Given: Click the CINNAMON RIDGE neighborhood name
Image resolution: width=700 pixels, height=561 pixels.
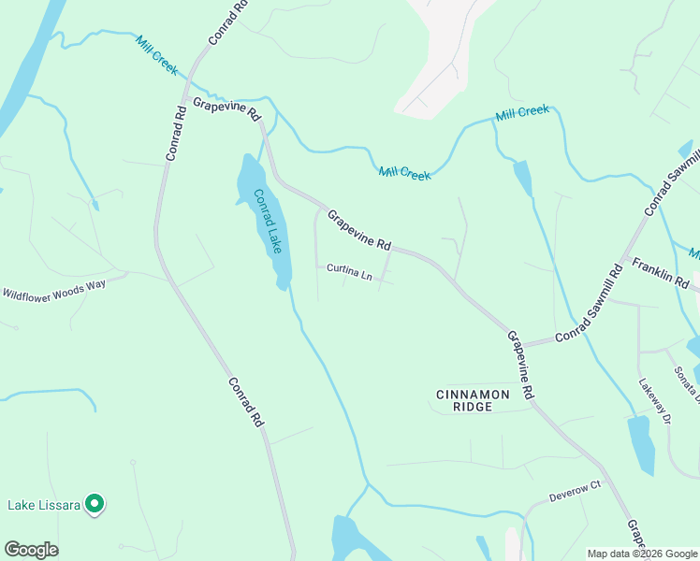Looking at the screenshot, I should click(474, 400).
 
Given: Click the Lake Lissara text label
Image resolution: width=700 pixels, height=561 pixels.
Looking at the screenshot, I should click(43, 505).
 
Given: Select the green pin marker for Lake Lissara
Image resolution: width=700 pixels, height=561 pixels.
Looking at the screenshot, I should click(95, 504).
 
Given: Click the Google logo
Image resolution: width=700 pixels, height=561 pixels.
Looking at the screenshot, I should click(31, 550).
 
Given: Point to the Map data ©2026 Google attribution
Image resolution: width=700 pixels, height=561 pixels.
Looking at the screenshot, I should click(643, 554).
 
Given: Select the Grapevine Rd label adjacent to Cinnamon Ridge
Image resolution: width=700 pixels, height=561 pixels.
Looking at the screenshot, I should click(520, 366).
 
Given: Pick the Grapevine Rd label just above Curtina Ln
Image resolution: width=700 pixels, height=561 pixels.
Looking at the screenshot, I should click(358, 229).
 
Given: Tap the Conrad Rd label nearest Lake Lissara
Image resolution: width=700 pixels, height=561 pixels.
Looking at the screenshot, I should click(246, 402).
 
